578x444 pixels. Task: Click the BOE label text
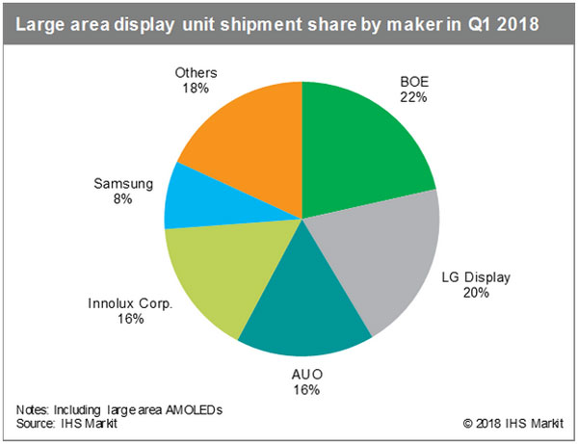tap(414, 82)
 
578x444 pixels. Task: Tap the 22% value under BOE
tap(414, 97)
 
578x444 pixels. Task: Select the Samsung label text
tap(119, 182)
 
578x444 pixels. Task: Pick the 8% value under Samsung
tap(119, 198)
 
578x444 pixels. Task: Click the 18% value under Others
tap(197, 89)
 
